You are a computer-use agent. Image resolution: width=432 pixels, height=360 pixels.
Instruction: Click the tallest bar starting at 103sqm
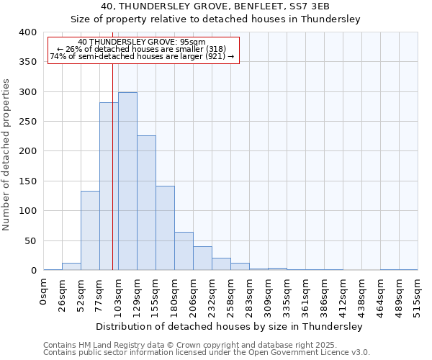click(x=127, y=181)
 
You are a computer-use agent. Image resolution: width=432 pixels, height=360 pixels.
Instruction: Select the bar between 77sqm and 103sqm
click(x=109, y=186)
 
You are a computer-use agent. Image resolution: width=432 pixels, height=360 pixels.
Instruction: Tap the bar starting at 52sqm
click(x=90, y=230)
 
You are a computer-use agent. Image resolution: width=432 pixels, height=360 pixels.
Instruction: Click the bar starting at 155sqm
click(x=165, y=228)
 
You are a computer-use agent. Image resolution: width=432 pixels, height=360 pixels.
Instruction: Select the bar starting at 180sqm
click(x=184, y=251)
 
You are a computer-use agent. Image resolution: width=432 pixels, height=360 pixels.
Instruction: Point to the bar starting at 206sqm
click(x=202, y=258)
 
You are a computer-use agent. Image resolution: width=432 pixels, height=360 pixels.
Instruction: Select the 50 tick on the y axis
click(x=30, y=241)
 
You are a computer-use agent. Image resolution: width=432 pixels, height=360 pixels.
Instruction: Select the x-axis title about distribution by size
click(x=230, y=326)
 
